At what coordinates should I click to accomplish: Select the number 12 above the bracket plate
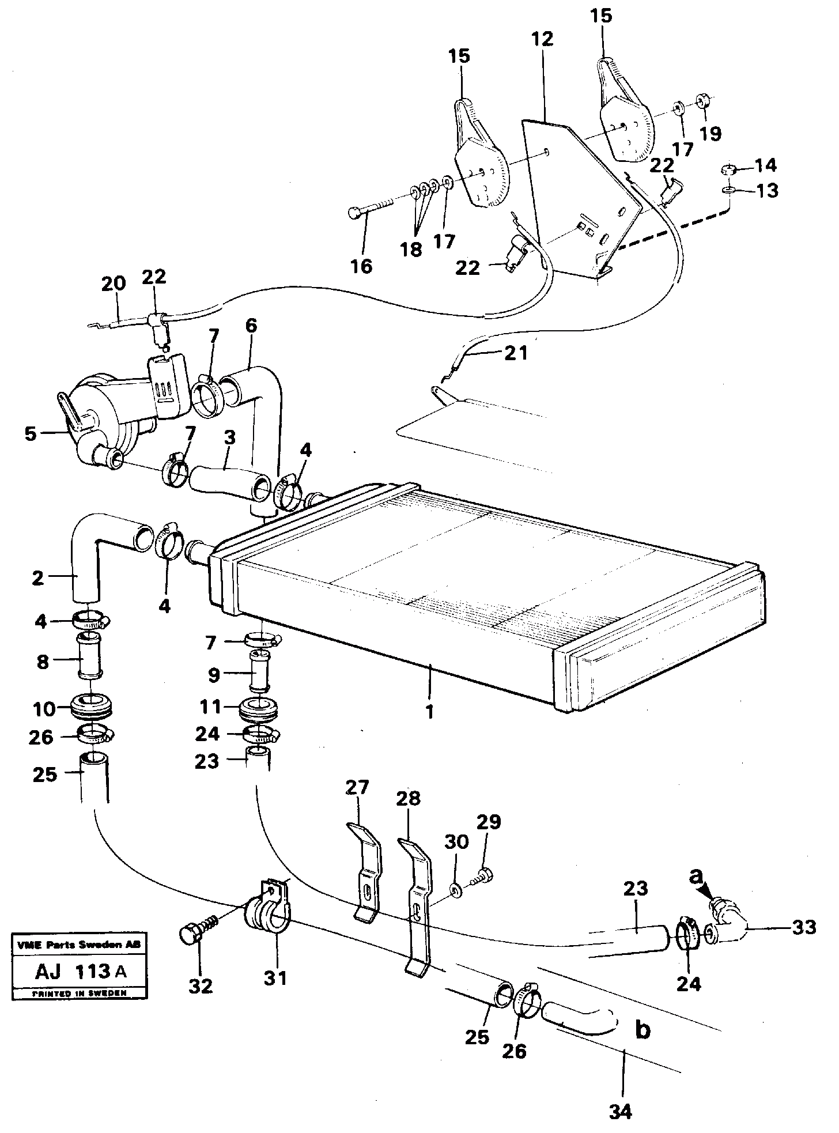[543, 40]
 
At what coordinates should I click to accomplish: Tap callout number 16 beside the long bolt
[361, 266]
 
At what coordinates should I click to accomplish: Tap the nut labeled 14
[728, 170]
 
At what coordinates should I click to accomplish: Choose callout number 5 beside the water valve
[31, 433]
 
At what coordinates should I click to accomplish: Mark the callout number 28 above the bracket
[408, 798]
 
